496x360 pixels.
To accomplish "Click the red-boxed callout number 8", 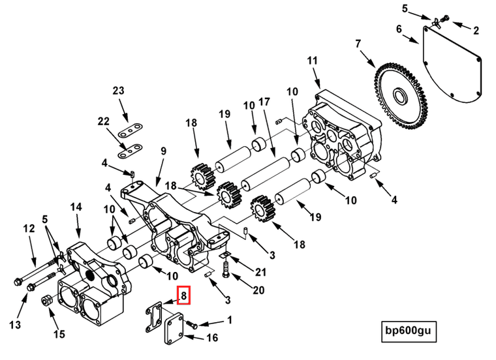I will tap(184, 296).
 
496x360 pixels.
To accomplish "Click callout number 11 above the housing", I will tap(312, 61).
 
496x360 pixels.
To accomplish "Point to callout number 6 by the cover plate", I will tap(399, 29).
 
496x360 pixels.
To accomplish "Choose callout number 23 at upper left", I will tap(117, 91).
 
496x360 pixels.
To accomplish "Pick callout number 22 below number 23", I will tap(104, 122).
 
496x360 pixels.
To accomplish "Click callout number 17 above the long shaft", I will tap(264, 102).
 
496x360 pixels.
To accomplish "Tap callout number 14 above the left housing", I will tap(76, 207).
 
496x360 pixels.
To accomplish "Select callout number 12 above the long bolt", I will tap(29, 228).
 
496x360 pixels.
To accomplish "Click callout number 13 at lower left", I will tap(15, 324).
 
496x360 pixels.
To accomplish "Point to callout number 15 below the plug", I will tap(59, 334).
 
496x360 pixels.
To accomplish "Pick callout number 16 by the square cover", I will tap(212, 337).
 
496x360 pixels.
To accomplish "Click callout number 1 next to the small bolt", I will tap(228, 320).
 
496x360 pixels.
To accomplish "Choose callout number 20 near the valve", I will tap(258, 290).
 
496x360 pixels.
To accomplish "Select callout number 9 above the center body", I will tap(163, 151).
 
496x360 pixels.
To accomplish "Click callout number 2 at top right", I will tap(475, 29).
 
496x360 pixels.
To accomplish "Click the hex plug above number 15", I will tap(46, 302).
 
